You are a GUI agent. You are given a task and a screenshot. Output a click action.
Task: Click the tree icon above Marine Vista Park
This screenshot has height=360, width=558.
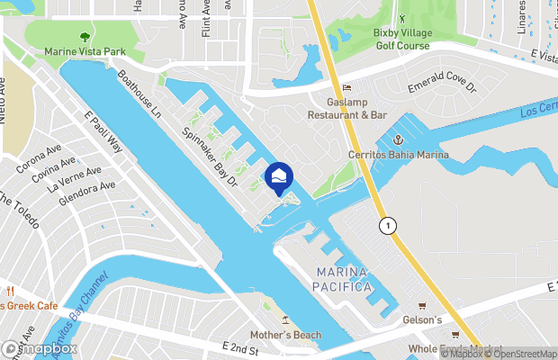(85, 37)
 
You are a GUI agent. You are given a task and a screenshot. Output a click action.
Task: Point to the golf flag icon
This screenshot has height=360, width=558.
(402, 18)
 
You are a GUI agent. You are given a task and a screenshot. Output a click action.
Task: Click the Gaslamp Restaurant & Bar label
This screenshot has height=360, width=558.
(347, 109)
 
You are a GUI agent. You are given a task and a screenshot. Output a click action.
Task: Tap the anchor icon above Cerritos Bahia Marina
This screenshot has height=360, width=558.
(397, 139)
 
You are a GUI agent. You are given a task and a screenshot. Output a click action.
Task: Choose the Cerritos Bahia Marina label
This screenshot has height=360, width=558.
(398, 156)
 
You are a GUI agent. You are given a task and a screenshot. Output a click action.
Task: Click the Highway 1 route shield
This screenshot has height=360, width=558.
(387, 224)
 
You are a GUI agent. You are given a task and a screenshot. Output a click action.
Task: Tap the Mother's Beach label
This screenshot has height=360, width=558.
(285, 336)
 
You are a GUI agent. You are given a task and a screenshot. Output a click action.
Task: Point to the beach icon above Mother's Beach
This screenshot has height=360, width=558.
(285, 320)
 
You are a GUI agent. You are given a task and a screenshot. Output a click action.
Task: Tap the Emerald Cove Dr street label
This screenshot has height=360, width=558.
(440, 87)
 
